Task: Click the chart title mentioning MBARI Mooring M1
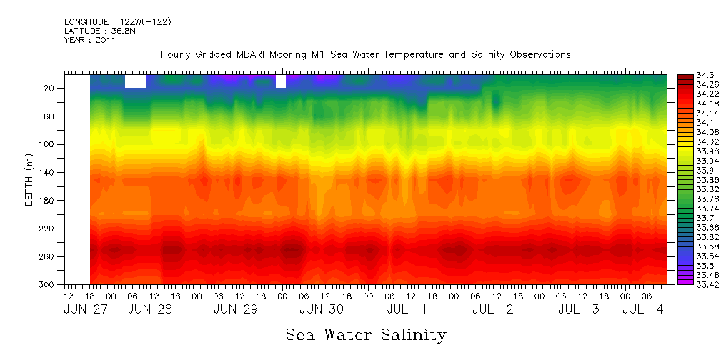[365, 55]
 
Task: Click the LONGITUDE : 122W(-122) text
[117, 22]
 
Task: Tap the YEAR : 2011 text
[89, 41]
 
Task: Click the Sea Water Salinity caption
[365, 335]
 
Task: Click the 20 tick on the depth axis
[49, 88]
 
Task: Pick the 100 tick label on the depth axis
[47, 144]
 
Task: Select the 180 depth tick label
[47, 201]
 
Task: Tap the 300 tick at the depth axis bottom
[47, 285]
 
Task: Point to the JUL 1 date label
[408, 309]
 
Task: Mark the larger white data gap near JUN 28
[135, 81]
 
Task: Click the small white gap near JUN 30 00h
[281, 81]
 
